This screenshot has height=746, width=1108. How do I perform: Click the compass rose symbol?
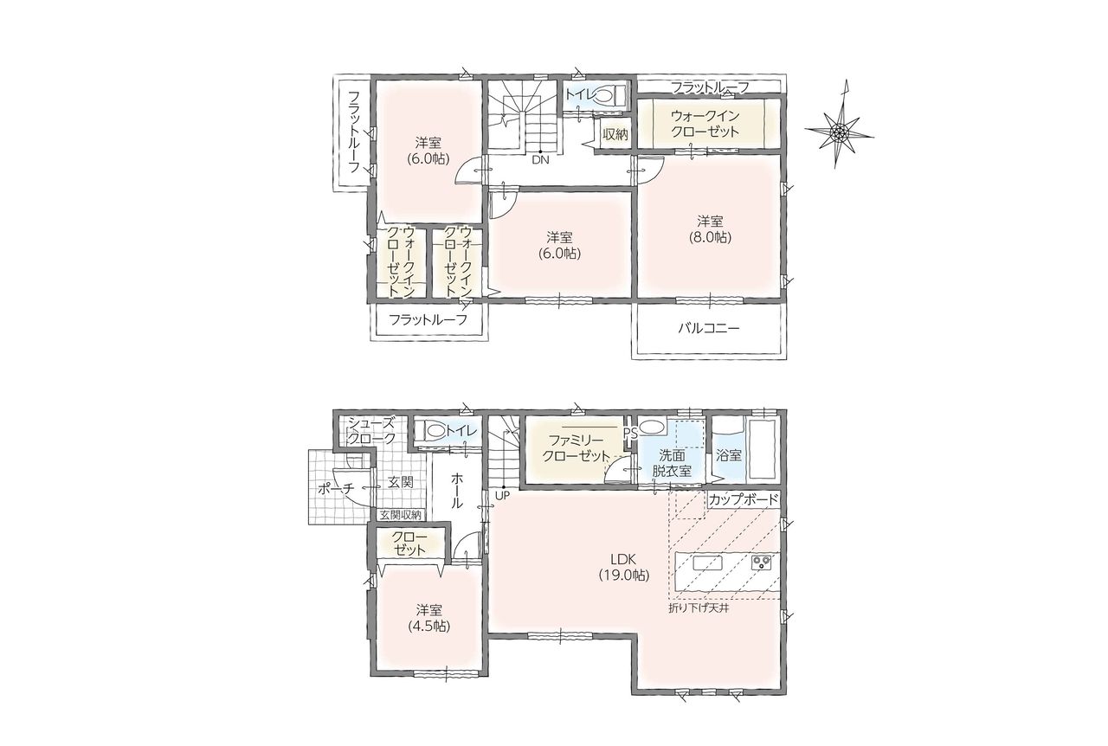(839, 132)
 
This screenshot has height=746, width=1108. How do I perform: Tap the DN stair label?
(540, 160)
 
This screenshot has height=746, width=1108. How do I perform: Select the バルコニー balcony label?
(709, 329)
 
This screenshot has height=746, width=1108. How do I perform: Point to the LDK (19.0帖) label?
(624, 567)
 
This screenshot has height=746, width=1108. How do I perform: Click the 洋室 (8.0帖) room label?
(711, 229)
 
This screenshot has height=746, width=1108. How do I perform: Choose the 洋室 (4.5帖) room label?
(429, 618)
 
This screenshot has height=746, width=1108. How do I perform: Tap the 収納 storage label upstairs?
(615, 134)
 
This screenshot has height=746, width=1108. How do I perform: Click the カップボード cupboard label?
(744, 499)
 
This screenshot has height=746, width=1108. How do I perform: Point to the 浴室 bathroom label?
(729, 455)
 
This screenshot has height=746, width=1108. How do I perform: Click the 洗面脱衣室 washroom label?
(671, 463)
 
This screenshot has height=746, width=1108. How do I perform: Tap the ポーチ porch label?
(336, 489)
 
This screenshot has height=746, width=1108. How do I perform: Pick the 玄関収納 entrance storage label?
(400, 515)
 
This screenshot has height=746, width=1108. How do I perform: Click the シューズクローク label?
(371, 430)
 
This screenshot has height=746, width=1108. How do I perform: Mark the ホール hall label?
(456, 490)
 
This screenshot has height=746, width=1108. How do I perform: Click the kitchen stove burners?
(762, 562)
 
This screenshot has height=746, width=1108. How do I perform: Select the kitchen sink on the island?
(708, 563)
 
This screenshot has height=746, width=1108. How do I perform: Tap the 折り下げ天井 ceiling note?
(699, 608)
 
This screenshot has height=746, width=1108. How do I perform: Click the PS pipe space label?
(630, 434)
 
